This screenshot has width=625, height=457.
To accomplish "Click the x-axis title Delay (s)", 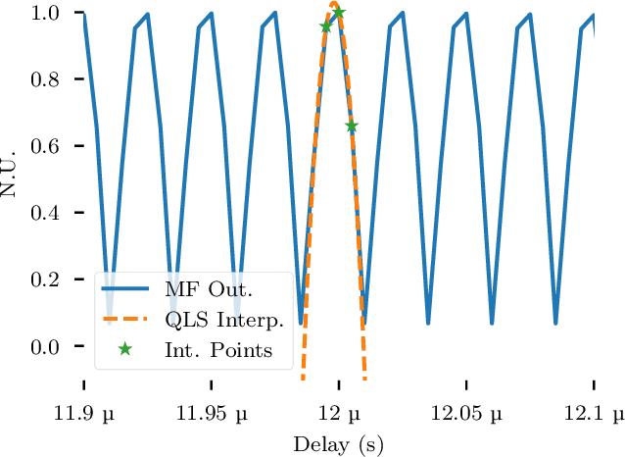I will [x=339, y=443].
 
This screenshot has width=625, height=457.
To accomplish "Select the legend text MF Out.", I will [x=209, y=290].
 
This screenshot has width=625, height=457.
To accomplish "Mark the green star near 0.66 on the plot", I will [x=352, y=127].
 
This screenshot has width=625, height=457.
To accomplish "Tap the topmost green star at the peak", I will [x=339, y=13].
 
